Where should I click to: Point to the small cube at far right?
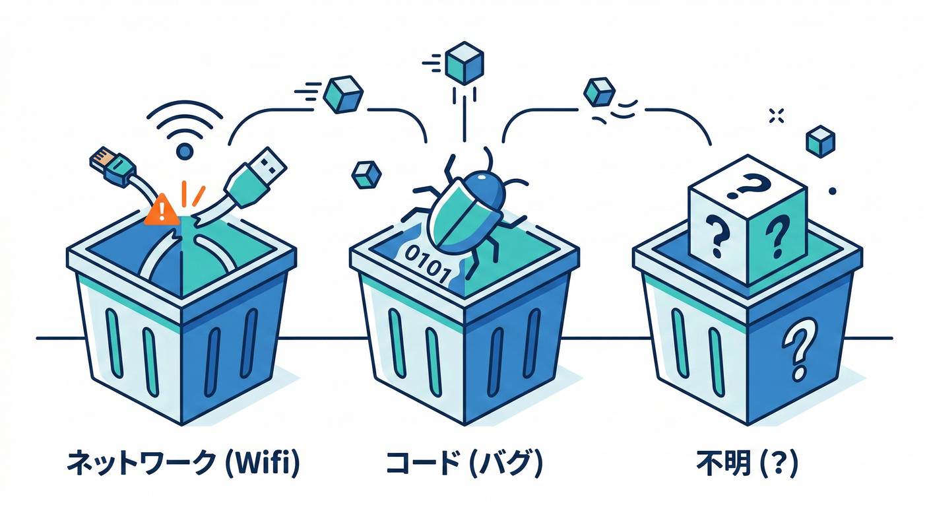[821, 141]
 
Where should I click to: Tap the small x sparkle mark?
[776, 117]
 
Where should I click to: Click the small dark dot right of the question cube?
[832, 191]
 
